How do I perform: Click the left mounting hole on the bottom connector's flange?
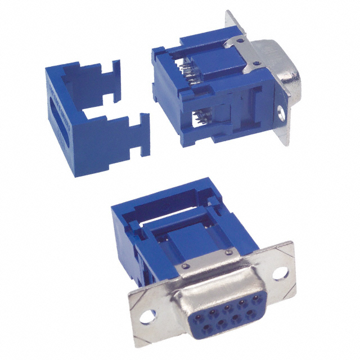147,316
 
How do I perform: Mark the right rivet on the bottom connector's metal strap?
227,251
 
